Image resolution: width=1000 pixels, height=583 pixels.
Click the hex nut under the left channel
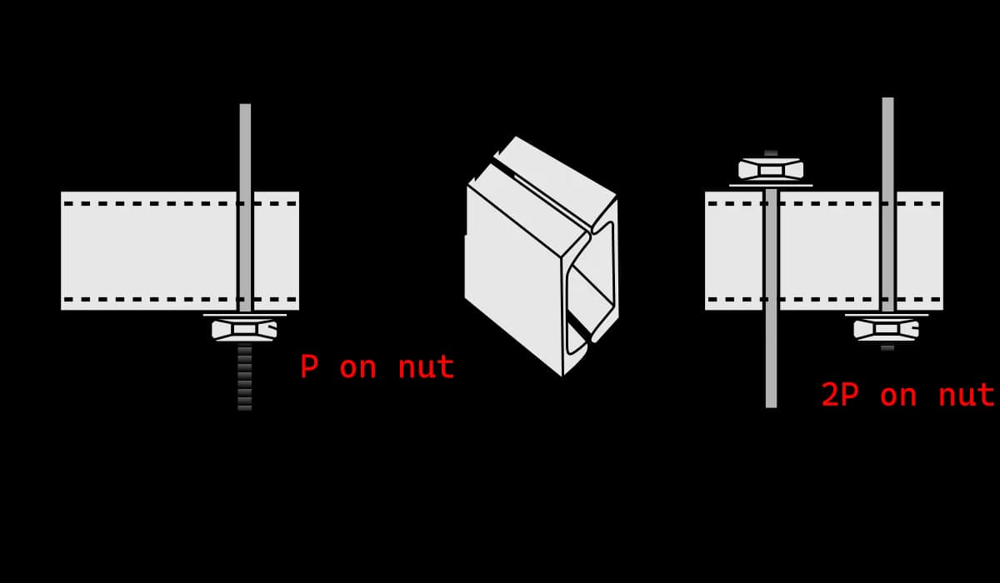point(244,330)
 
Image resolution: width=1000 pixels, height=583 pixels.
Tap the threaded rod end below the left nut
point(245,376)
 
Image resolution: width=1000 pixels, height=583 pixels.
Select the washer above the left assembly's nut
point(245,315)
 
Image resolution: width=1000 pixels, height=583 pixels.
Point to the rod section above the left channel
point(245,147)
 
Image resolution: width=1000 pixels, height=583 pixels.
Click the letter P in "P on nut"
point(309,366)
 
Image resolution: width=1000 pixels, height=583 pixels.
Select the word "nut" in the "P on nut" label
point(426,367)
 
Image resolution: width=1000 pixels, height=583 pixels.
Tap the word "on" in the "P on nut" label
point(357,369)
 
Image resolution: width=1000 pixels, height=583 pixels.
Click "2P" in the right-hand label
point(840,395)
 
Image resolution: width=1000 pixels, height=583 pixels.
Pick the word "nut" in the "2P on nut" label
point(966,396)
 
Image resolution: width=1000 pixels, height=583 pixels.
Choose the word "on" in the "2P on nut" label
point(898,396)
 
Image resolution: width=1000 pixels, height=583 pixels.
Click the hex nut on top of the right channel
point(771,170)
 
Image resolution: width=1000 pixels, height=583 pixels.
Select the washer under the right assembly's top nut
point(771,185)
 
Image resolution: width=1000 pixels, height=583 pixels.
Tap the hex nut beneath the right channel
point(887,330)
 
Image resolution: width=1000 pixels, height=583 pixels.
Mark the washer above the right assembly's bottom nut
point(887,315)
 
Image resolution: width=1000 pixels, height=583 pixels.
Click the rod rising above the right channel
point(888,145)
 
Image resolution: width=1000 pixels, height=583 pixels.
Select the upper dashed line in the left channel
point(180,204)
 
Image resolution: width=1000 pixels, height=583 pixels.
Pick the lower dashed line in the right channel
point(824,299)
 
